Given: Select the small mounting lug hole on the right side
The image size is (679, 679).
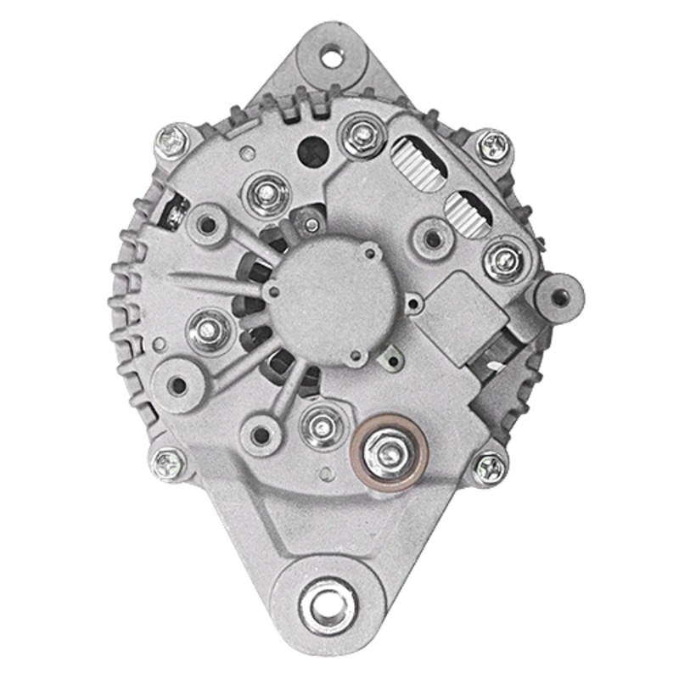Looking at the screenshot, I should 559,295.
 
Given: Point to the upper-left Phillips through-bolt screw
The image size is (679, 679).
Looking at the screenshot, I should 172,141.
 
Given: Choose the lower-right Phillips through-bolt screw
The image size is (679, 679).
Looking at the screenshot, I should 491,466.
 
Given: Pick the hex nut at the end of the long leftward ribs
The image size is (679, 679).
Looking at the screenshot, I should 209,326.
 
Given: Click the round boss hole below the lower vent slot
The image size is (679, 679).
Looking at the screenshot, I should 434,238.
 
